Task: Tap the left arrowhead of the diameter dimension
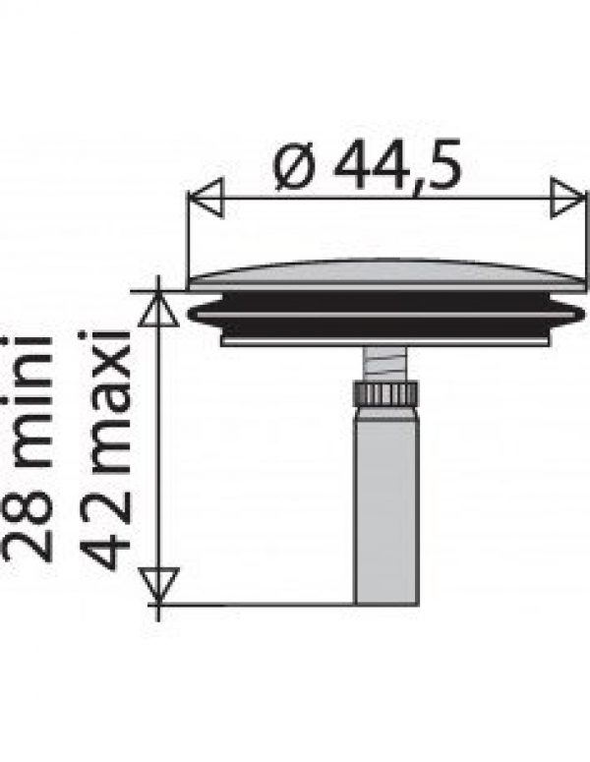(x=206, y=198)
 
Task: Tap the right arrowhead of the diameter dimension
(x=568, y=198)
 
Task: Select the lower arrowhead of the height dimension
(x=158, y=586)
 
